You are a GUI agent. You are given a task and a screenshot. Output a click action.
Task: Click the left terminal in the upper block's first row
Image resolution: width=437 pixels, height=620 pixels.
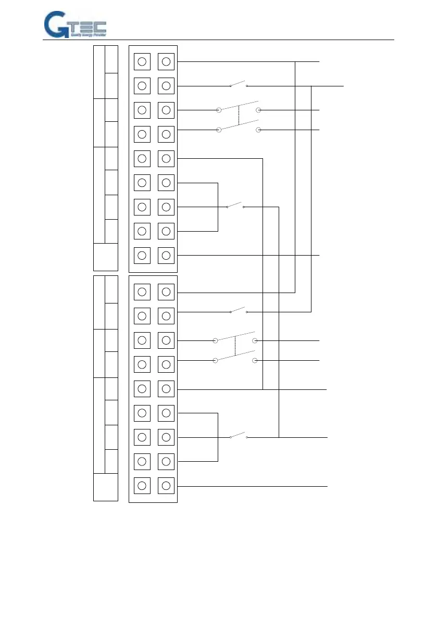[142, 62]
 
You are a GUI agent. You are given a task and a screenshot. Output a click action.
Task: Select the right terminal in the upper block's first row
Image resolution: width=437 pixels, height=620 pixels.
[166, 62]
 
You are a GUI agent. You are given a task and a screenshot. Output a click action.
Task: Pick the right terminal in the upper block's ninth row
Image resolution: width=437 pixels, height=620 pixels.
[166, 255]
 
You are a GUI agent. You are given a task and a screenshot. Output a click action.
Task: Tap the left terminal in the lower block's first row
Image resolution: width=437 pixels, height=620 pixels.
[142, 292]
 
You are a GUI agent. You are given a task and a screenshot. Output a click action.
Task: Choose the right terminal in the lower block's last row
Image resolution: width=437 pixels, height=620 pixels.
[166, 486]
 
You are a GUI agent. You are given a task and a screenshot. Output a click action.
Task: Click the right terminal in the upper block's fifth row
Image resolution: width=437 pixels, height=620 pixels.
[166, 158]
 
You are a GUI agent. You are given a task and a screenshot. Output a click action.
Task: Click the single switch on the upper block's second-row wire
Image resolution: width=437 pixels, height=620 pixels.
[239, 84]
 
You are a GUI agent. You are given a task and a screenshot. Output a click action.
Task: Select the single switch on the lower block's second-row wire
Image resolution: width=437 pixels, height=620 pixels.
[239, 311]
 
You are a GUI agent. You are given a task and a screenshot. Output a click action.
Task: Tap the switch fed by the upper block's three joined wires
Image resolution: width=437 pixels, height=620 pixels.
[235, 205]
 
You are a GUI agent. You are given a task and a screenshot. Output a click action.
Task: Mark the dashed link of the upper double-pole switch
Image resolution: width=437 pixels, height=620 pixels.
[239, 116]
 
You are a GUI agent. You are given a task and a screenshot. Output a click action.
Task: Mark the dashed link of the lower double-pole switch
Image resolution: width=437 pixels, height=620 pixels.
[235, 346]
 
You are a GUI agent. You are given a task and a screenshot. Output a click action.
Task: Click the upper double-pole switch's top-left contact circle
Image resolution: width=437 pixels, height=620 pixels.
[219, 110]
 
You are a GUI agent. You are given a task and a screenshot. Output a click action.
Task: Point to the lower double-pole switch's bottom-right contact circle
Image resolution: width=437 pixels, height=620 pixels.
[255, 360]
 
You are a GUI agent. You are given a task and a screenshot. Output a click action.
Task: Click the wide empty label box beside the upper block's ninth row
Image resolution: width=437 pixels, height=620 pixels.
[106, 257]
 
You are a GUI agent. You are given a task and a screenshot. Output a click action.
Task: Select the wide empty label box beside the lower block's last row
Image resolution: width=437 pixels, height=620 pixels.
[106, 487]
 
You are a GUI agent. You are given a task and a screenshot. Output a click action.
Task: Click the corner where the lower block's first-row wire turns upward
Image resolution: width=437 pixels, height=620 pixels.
[295, 292]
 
